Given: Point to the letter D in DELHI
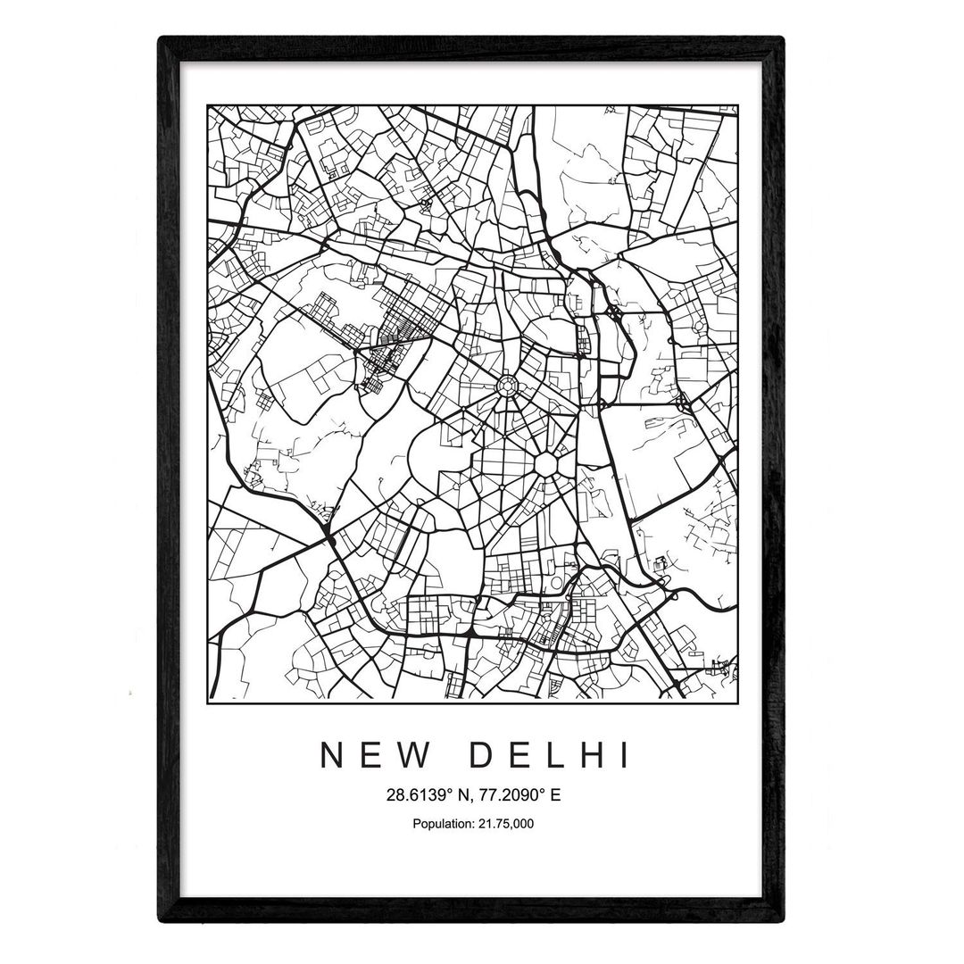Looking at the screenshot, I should [479, 756].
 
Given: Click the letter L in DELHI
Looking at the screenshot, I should [553, 756].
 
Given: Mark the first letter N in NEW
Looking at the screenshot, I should [332, 756].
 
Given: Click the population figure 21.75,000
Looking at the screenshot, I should [504, 823].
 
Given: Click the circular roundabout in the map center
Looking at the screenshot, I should [506, 386].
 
